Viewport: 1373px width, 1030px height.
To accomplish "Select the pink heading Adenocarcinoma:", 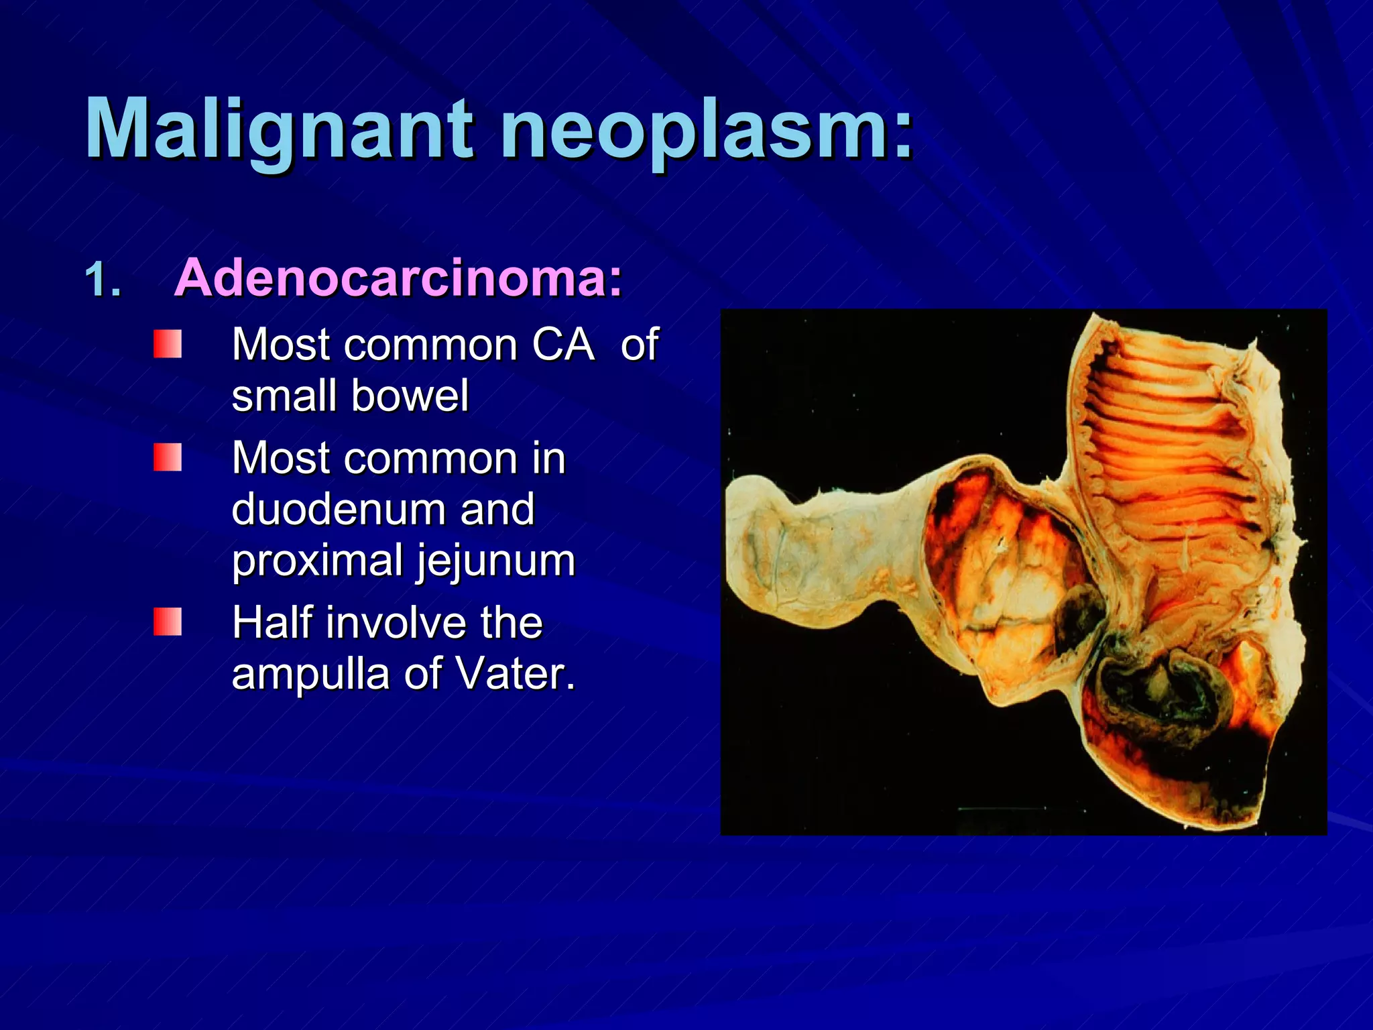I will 398,278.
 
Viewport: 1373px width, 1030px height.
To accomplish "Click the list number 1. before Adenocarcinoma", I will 103,280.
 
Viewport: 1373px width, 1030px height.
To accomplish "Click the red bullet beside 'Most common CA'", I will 168,344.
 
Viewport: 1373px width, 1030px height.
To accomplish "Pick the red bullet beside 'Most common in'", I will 168,457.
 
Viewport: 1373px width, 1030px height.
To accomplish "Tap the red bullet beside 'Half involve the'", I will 168,622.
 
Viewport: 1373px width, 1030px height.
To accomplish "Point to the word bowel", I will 410,396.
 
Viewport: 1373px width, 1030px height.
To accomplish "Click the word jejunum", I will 496,561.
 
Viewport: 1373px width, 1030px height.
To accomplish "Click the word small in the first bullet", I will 284,396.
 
